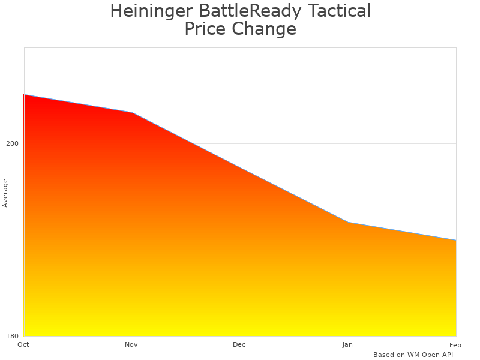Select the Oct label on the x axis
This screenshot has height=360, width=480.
(x=23, y=344)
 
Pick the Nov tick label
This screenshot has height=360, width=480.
(x=131, y=344)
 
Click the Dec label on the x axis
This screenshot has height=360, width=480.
(x=239, y=344)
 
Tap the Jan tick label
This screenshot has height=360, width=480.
(x=347, y=344)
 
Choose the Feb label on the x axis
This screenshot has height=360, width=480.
(x=455, y=344)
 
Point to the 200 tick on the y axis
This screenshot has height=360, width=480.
(x=13, y=143)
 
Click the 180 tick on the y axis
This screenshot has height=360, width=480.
(x=13, y=335)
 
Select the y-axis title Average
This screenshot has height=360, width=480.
(x=5, y=193)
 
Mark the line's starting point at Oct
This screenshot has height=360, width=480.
(x=24, y=95)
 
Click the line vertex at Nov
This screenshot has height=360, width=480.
(x=132, y=112)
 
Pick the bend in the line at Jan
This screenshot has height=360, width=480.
(x=348, y=223)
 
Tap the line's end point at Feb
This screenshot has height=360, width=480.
(x=456, y=240)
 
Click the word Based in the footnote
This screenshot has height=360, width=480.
(x=383, y=355)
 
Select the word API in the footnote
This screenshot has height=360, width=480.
(x=446, y=355)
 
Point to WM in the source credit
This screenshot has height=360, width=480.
(x=413, y=355)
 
